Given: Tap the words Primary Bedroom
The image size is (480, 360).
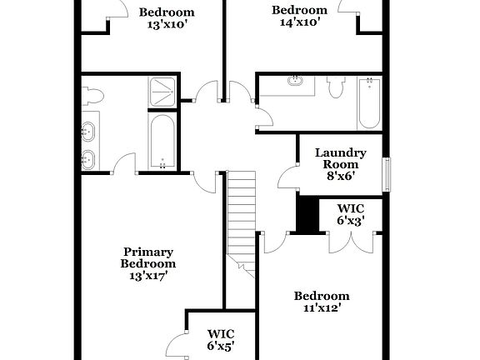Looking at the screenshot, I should [148, 257].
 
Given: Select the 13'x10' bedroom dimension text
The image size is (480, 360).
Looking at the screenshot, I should [167, 25].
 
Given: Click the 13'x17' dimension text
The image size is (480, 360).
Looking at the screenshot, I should [148, 276].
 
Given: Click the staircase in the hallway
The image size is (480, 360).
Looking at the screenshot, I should [242, 221].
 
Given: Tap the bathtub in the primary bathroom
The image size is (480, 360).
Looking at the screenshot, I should [162, 140].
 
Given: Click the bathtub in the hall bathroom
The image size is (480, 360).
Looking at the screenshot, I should [369, 102].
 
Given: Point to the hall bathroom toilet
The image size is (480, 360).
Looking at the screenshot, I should [336, 87].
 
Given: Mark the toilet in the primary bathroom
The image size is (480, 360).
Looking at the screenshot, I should [92, 93].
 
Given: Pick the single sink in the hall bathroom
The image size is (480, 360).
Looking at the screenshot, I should [295, 82].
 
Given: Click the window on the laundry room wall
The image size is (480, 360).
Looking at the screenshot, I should [385, 173].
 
